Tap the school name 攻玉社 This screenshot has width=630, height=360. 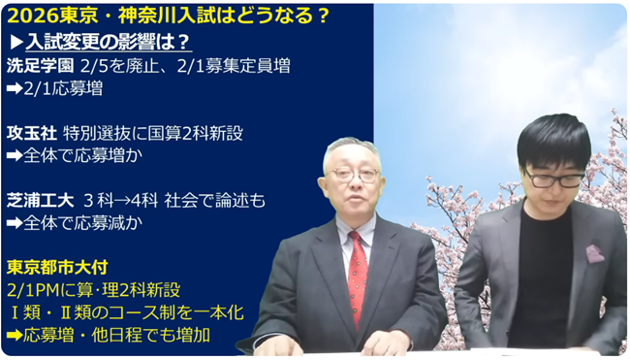(32, 133)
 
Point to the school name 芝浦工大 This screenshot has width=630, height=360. (42, 200)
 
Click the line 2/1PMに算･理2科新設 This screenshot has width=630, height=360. (92, 289)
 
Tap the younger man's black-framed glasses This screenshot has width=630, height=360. (553, 179)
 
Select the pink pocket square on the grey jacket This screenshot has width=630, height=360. (594, 253)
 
